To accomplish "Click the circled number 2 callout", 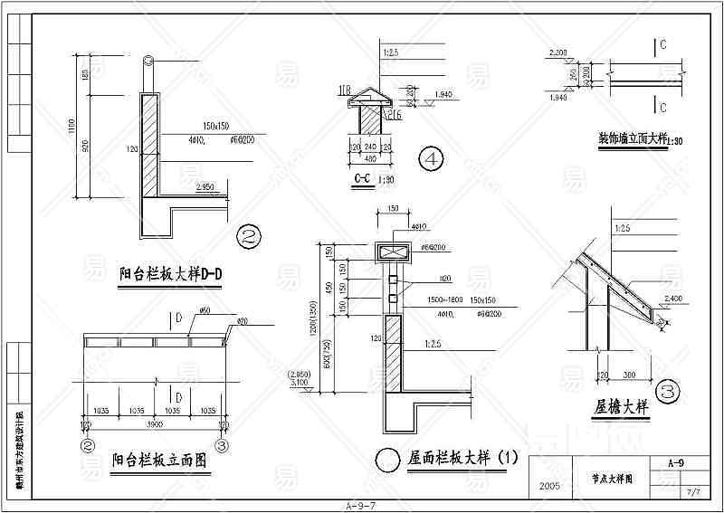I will click(248, 237).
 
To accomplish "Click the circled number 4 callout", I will click(432, 160).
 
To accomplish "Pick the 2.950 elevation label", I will click(206, 187).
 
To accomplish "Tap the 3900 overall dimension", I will click(155, 423).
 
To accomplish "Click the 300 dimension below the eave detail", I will click(628, 374).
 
